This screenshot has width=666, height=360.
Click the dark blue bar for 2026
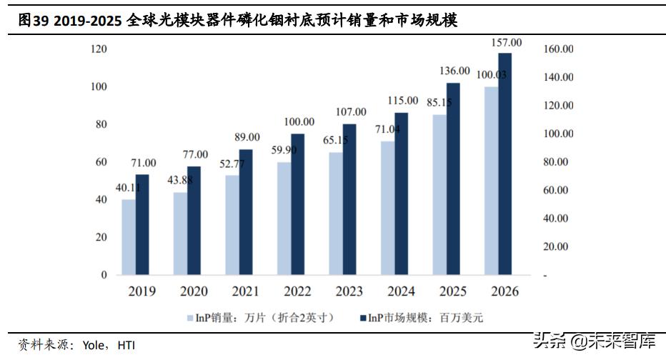coord(505,164)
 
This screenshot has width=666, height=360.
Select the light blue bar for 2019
coord(129,237)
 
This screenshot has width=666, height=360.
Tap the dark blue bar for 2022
coord(297,204)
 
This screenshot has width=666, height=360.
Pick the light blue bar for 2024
coord(387,208)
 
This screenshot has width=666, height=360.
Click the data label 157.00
coord(506,43)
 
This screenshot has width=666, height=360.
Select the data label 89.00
coord(246,137)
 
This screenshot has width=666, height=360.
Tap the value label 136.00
coord(454,71)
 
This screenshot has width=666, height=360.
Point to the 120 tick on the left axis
coord(99,49)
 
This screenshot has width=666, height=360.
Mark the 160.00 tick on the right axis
coord(558,49)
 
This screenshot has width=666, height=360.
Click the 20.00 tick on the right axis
coord(556,246)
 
